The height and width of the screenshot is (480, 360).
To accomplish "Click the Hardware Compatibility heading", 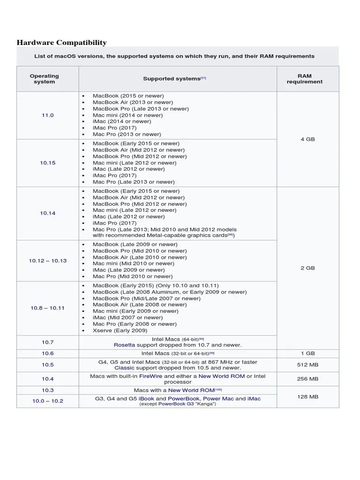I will [x=62, y=43].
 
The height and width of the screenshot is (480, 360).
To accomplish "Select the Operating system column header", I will [x=45, y=79].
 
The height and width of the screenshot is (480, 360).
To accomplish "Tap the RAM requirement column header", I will [x=304, y=79].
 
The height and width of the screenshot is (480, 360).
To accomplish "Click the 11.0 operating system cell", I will [x=48, y=115].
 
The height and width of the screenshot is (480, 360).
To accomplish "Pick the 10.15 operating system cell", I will [x=48, y=163].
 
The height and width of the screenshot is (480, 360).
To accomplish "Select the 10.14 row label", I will [x=48, y=213].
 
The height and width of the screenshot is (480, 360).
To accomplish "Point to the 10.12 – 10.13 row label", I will [x=48, y=261].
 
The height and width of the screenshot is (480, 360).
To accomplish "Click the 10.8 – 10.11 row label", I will [x=48, y=308].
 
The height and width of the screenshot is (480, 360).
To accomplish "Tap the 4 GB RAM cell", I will [x=307, y=139].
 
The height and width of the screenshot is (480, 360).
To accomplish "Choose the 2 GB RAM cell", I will [x=307, y=268].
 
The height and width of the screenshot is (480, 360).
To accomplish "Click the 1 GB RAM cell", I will [x=307, y=353].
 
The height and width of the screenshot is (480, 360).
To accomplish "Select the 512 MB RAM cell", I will [x=307, y=365].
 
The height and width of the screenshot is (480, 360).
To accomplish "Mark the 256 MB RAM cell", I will [x=307, y=379].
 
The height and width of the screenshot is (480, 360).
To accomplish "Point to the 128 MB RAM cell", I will [x=307, y=397].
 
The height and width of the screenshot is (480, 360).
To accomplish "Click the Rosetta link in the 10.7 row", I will [x=124, y=345].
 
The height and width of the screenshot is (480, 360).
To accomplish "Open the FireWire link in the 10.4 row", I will [x=151, y=376].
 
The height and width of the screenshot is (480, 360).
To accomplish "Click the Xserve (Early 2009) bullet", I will [x=120, y=330].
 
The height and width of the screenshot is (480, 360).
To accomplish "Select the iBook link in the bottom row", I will [x=146, y=398].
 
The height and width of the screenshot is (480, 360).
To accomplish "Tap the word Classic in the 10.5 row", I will [x=124, y=368].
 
